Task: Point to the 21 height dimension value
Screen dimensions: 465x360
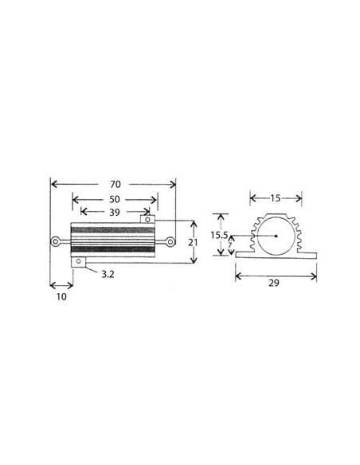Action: (x=193, y=241)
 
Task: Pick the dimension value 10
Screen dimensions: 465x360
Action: (x=61, y=296)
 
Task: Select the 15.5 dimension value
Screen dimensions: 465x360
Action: (x=219, y=235)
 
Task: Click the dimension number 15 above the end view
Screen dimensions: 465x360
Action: (x=275, y=197)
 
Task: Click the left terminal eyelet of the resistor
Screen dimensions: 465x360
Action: (x=54, y=241)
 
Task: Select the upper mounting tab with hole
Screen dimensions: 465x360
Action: (x=147, y=217)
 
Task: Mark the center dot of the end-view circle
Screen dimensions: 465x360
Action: (x=276, y=236)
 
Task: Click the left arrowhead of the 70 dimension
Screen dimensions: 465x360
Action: (x=53, y=183)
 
